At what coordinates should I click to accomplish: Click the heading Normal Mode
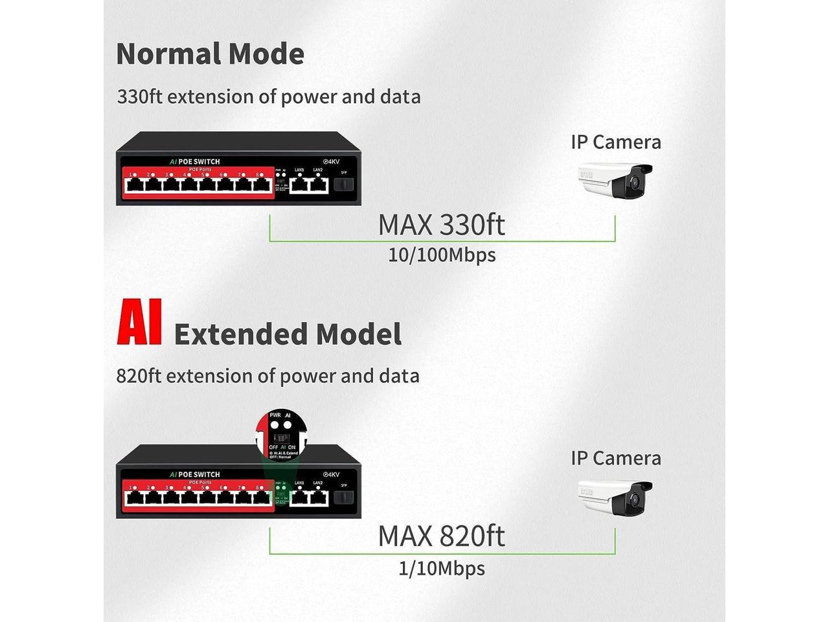(210, 54)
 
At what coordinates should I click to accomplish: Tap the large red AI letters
(139, 323)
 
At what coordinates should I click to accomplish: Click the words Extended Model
(288, 334)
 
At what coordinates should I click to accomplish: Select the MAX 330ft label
(441, 225)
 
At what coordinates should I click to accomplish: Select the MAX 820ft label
(441, 536)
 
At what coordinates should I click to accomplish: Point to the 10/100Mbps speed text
(442, 255)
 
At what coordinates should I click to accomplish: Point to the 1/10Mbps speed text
(442, 569)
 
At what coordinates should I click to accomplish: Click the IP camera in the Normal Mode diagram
(615, 181)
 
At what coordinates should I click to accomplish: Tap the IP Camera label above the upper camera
(616, 143)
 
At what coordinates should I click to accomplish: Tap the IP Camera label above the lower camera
(616, 458)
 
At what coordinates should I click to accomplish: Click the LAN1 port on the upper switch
(299, 185)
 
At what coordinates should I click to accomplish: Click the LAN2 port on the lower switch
(318, 498)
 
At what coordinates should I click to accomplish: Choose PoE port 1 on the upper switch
(135, 185)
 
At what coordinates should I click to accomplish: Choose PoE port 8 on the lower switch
(262, 498)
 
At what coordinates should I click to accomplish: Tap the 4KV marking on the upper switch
(331, 161)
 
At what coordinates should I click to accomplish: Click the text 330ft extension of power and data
(269, 97)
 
